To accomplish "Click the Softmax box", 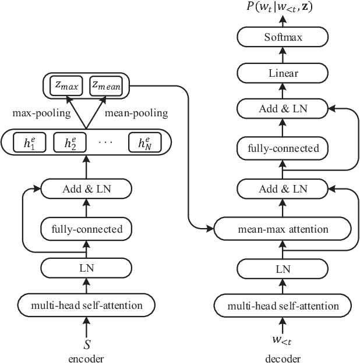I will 283,38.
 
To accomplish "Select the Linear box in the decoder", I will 283,73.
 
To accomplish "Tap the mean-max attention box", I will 283,228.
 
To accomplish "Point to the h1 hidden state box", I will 26,143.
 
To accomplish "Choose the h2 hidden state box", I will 70,143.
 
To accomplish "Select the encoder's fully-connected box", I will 86,229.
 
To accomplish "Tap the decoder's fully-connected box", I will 283,148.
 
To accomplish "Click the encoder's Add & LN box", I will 86,188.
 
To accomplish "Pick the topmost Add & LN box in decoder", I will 283,108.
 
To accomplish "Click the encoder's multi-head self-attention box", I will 86,305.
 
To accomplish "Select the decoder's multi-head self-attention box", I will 283,305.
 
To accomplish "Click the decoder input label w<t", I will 283,339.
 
